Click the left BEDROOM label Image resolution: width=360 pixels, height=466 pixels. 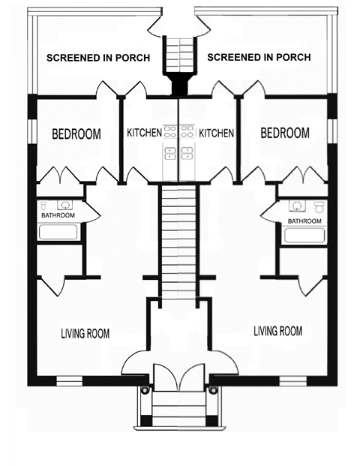[x=76, y=134]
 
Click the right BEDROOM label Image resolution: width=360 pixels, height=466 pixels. [x=284, y=133]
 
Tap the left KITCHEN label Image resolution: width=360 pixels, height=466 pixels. [x=143, y=133]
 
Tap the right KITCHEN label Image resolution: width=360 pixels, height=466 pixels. [x=216, y=133]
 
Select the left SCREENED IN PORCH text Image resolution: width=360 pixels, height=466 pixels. [x=97, y=58]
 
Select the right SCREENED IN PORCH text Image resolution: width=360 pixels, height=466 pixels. [x=258, y=57]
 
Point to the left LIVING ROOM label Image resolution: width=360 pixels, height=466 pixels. [x=85, y=334]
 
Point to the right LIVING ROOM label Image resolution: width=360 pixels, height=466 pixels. [x=277, y=330]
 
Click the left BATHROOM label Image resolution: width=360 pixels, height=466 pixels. [x=58, y=216]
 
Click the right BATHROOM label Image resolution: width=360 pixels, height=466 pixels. [x=304, y=221]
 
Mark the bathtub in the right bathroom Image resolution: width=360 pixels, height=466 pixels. [x=304, y=236]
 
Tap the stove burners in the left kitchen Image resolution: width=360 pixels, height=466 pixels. [x=169, y=132]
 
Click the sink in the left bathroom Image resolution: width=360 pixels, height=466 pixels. [x=65, y=203]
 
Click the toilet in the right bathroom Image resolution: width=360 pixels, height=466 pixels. [x=319, y=205]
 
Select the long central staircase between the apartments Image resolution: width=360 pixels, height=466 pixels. [x=178, y=240]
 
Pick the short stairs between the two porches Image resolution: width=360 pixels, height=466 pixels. [x=179, y=53]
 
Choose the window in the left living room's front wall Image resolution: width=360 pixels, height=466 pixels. [x=72, y=377]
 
